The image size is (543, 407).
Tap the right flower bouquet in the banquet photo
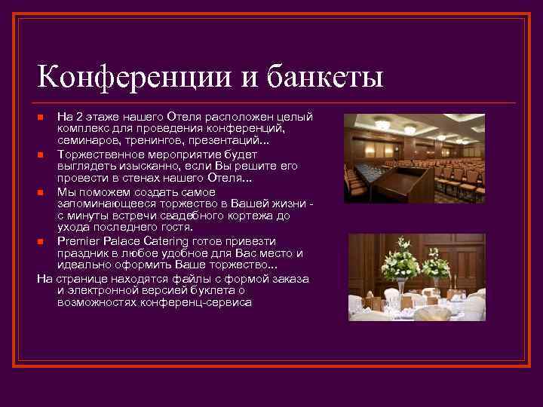click(436, 264)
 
